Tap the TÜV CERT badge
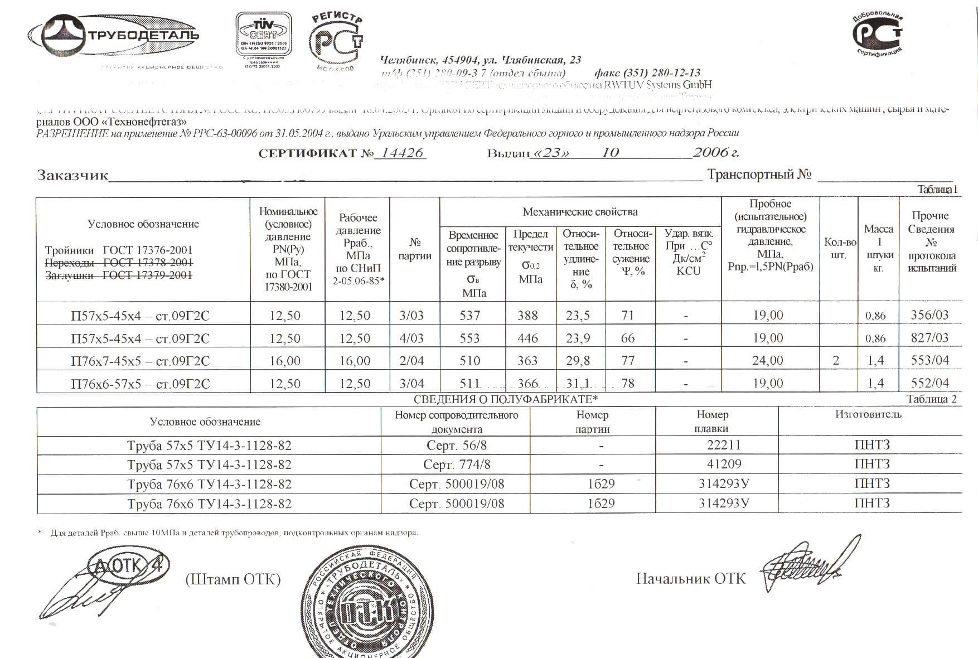(x=264, y=35)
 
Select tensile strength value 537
(x=469, y=316)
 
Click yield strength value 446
(x=527, y=338)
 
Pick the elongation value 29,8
(x=578, y=361)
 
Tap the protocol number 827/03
(x=929, y=337)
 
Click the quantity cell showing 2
(x=835, y=361)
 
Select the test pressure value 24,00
(x=768, y=361)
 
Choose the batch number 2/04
(x=411, y=361)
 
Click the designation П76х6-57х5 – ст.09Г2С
(x=141, y=384)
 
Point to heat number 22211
(x=724, y=445)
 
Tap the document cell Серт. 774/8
(x=457, y=465)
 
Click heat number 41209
(x=724, y=465)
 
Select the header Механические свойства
(x=580, y=212)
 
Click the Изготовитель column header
(x=868, y=414)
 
